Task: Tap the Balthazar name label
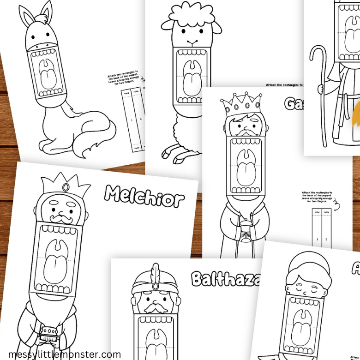pyautogui.click(x=224, y=279)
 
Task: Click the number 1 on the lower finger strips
pyautogui.click(x=318, y=239)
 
